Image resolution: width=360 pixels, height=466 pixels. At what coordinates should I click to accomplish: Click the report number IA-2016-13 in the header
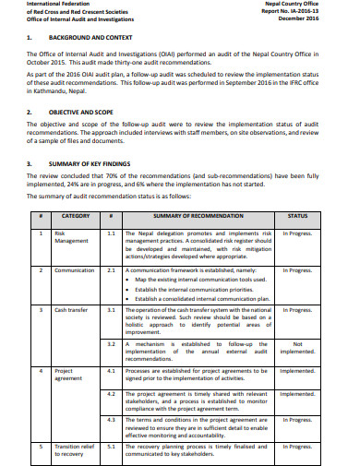pos(309,10)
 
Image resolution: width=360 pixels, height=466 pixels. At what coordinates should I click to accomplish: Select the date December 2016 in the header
pos(319,18)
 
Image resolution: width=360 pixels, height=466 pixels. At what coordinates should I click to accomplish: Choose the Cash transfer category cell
pos(71,310)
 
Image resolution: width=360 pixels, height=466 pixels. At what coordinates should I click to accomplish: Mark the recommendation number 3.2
pos(111,343)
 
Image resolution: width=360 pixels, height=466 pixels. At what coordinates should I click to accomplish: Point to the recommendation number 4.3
pos(111,419)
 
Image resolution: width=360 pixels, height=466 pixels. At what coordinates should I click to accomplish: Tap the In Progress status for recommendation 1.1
pos(297,233)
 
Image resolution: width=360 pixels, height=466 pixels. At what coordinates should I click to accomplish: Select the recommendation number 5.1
pos(111,445)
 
